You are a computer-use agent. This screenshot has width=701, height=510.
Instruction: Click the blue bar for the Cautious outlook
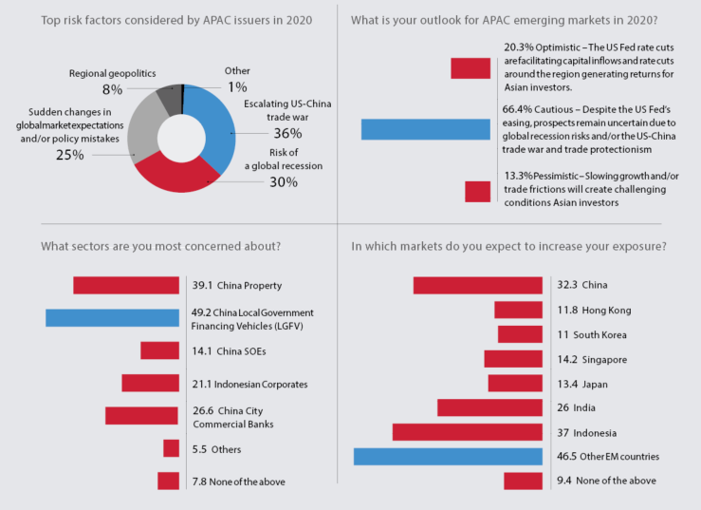point(425,129)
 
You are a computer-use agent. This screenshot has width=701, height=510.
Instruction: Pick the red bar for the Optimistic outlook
point(470,67)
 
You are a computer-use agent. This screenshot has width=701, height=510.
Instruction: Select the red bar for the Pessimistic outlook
point(477,191)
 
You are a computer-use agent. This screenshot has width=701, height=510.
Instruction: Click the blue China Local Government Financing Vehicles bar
point(112,317)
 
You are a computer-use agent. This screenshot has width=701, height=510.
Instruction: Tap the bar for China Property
point(126,285)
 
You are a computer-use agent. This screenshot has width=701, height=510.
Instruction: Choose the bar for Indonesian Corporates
point(150,383)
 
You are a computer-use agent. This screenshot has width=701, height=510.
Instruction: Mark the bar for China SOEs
point(159,350)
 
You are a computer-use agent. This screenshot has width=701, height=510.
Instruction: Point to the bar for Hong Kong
point(518,310)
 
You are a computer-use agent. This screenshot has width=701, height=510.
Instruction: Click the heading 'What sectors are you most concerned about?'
point(161,247)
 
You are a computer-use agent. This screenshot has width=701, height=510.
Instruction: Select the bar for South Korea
point(520,334)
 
